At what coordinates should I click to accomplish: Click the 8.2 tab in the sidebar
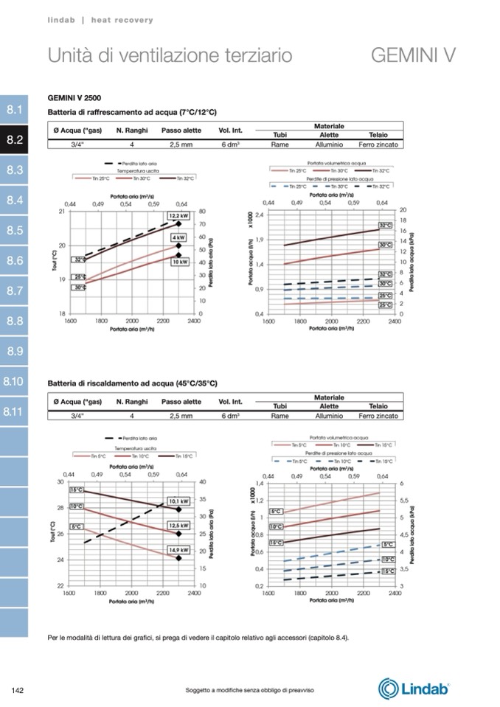click(15, 140)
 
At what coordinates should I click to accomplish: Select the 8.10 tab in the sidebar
click(14, 382)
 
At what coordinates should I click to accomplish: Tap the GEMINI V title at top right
click(412, 55)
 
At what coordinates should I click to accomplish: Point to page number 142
click(19, 690)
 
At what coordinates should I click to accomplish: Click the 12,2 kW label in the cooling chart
click(178, 216)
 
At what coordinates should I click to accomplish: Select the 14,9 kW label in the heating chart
click(178, 550)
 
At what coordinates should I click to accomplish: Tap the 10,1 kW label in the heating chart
click(178, 501)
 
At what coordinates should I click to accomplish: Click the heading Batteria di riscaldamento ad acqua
click(133, 383)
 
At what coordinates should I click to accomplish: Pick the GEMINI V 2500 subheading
click(74, 97)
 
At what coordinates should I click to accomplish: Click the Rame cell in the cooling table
click(280, 144)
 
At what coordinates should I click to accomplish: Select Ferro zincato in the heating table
click(378, 416)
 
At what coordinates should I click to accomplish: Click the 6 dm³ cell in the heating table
click(231, 416)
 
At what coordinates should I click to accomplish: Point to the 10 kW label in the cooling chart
click(179, 262)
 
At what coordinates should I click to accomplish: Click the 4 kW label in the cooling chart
click(178, 238)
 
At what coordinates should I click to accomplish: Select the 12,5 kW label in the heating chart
click(178, 526)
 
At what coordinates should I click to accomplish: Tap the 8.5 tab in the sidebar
click(15, 231)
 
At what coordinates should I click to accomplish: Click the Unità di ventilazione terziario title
click(170, 55)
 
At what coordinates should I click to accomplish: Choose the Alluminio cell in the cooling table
click(329, 144)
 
